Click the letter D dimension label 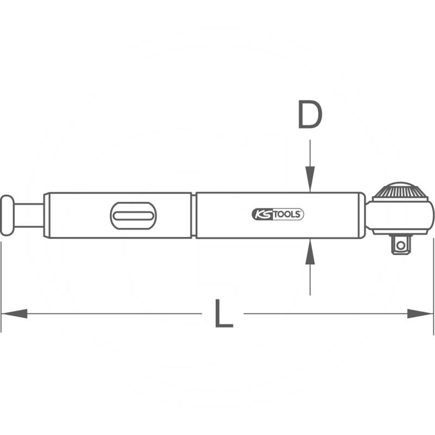pos(310,115)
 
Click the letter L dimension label pos(224,314)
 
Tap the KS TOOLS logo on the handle pos(278,214)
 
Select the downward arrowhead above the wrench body pos(310,179)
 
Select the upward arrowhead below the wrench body pos(310,251)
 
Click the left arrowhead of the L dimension pos(15,314)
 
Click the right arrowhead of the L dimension pos(420,314)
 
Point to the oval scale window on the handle pos(133,215)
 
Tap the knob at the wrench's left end pos(7,215)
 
